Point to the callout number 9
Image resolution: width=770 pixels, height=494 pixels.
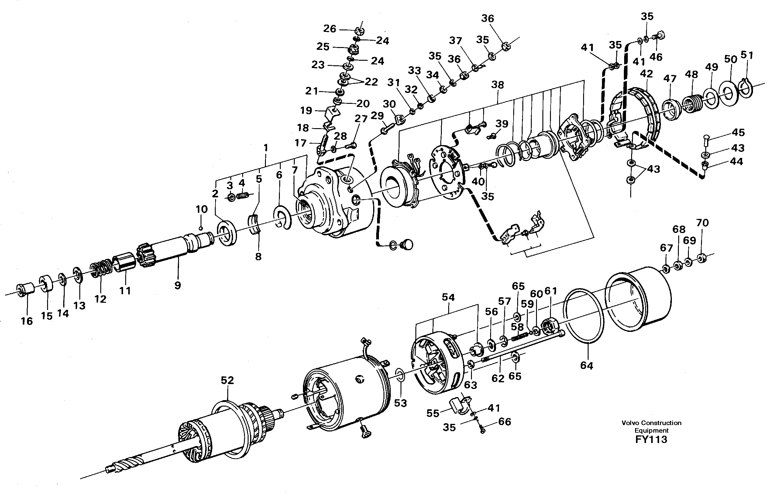pos(177,285)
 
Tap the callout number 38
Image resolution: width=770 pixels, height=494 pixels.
pos(497,85)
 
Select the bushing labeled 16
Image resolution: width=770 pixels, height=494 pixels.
pos(26,290)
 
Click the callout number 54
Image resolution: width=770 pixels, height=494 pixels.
pos(448,297)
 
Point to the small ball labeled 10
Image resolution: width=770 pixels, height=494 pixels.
pos(200,228)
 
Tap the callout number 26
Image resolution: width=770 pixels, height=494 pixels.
pos(329,29)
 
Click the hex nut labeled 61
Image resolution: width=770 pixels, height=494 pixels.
pos(551,328)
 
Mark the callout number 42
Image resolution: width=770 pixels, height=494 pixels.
pos(646,74)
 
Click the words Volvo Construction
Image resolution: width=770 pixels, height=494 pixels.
pos(651,423)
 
